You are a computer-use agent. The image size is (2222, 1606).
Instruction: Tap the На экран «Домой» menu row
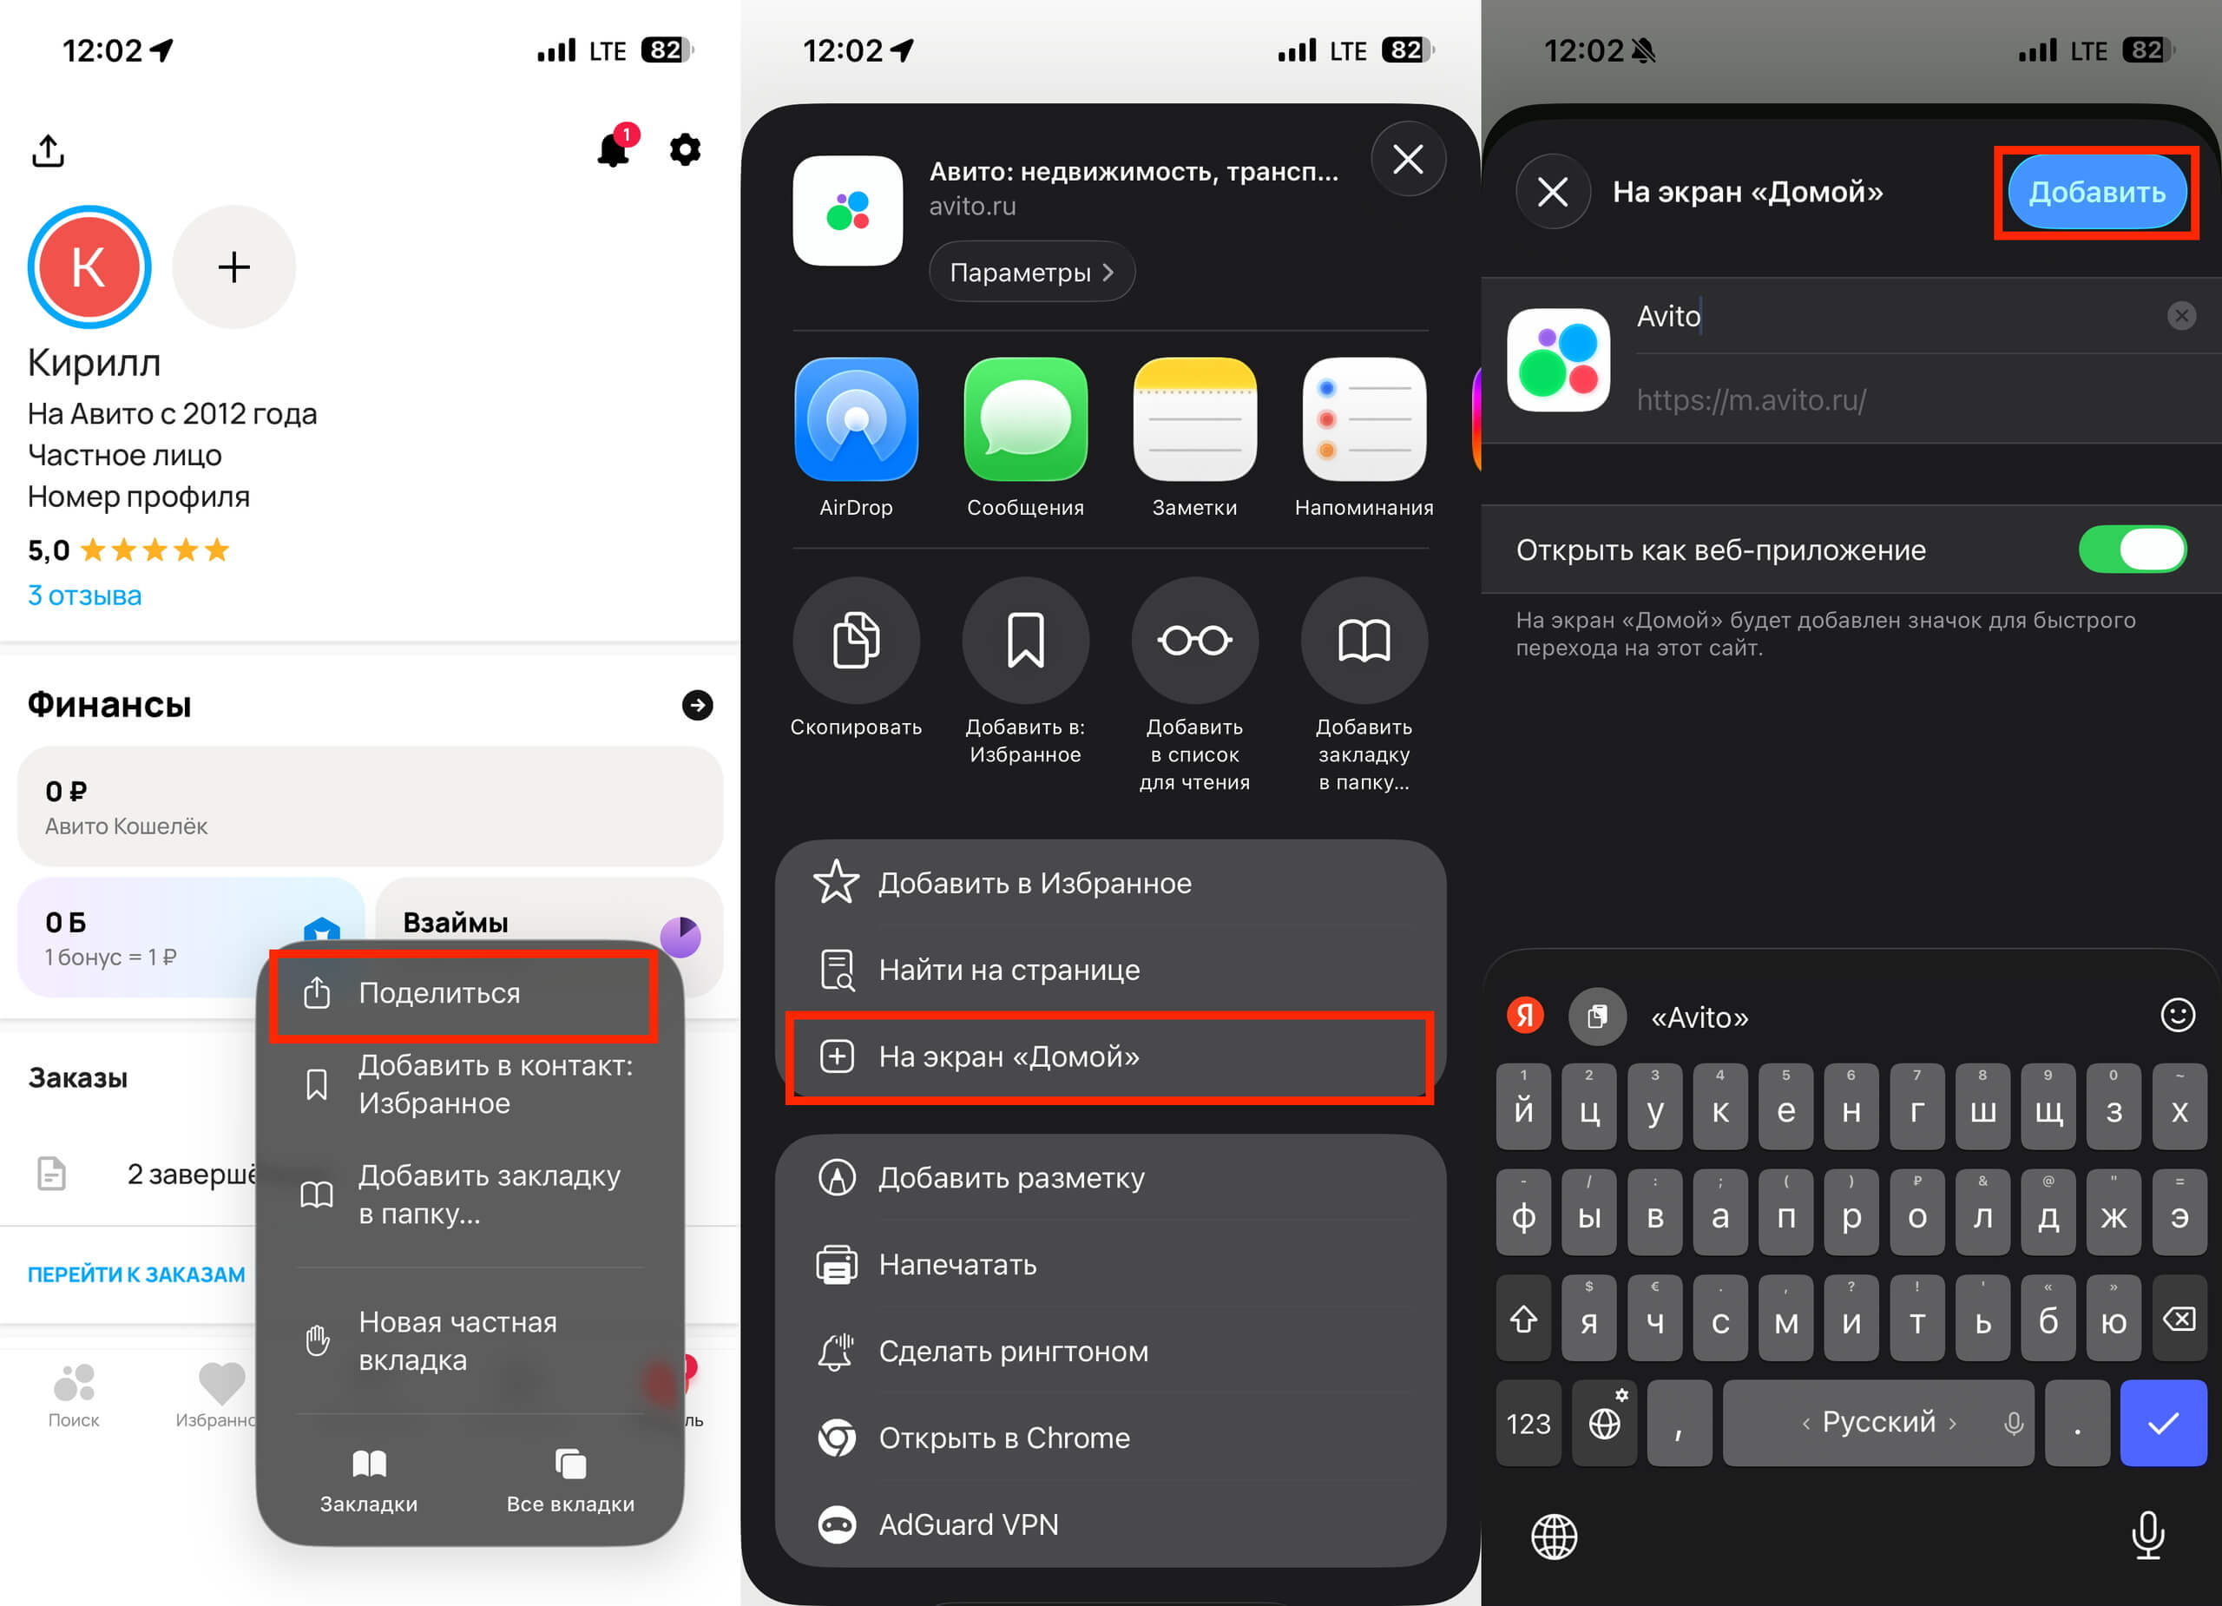click(1110, 1056)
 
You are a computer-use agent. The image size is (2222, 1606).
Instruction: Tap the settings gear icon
click(685, 150)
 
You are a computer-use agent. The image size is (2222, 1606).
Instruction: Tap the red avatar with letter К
click(89, 267)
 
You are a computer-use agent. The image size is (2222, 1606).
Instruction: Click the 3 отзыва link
click(84, 596)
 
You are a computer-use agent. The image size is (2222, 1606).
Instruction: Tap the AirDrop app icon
click(857, 419)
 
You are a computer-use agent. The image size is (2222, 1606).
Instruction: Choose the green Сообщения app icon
click(1026, 419)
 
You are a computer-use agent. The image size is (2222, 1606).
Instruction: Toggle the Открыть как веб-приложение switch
click(2132, 549)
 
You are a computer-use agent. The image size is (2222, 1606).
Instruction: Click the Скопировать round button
click(857, 640)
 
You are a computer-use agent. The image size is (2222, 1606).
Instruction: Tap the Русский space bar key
click(1877, 1423)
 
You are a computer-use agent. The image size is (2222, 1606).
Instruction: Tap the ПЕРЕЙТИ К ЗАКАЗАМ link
click(136, 1274)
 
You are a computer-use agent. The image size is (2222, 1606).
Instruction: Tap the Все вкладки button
click(570, 1483)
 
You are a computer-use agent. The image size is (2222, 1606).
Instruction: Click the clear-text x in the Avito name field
click(2181, 315)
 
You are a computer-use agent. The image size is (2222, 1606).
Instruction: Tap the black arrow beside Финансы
click(697, 705)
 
